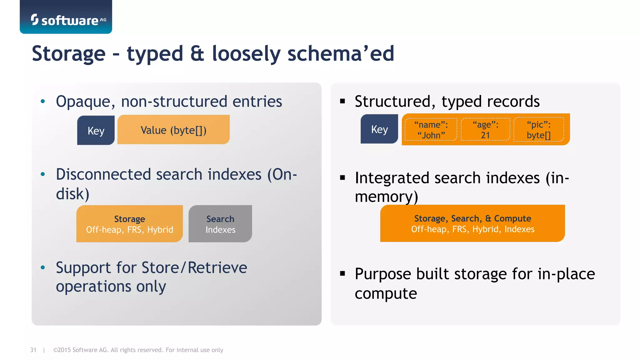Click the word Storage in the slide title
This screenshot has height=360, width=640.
tap(69, 53)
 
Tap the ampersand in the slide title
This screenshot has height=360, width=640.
tap(197, 53)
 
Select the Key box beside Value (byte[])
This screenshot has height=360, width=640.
tap(96, 130)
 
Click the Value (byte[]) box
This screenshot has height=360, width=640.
tap(173, 130)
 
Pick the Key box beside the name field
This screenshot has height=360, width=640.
tap(379, 129)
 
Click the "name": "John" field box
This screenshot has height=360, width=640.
tap(431, 130)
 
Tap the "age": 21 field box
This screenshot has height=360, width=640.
tap(485, 130)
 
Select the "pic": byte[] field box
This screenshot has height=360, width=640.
tap(538, 130)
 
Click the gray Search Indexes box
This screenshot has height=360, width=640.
tap(220, 224)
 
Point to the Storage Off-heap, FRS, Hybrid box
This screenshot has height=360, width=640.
tap(129, 224)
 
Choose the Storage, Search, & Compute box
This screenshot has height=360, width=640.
tap(472, 223)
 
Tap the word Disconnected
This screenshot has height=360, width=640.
tap(103, 174)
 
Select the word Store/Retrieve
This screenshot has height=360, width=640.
tap(194, 268)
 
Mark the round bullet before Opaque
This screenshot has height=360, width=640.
tap(43, 101)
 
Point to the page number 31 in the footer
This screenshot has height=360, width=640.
tap(33, 350)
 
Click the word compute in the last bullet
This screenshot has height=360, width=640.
tap(386, 293)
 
